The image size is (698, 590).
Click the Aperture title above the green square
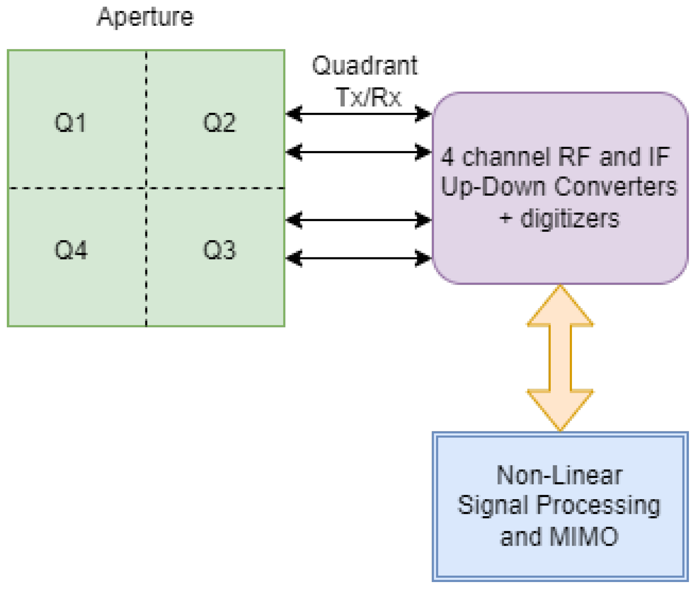[145, 17]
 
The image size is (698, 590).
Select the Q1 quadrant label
[70, 123]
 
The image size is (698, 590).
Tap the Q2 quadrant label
[219, 123]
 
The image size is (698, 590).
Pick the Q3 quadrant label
[219, 250]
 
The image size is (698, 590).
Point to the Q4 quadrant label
[70, 250]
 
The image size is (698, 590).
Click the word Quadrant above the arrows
[365, 66]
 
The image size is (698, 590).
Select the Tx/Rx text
[368, 97]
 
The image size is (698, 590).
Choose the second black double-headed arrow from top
[358, 152]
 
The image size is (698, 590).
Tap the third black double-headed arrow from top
[358, 219]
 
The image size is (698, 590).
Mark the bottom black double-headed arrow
[358, 258]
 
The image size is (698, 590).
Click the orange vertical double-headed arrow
[560, 358]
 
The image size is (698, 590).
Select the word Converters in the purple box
[615, 187]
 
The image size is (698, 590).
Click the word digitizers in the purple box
[570, 219]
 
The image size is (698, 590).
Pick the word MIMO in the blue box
[584, 536]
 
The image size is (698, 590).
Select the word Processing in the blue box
[598, 506]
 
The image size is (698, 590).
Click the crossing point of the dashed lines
[146, 188]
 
